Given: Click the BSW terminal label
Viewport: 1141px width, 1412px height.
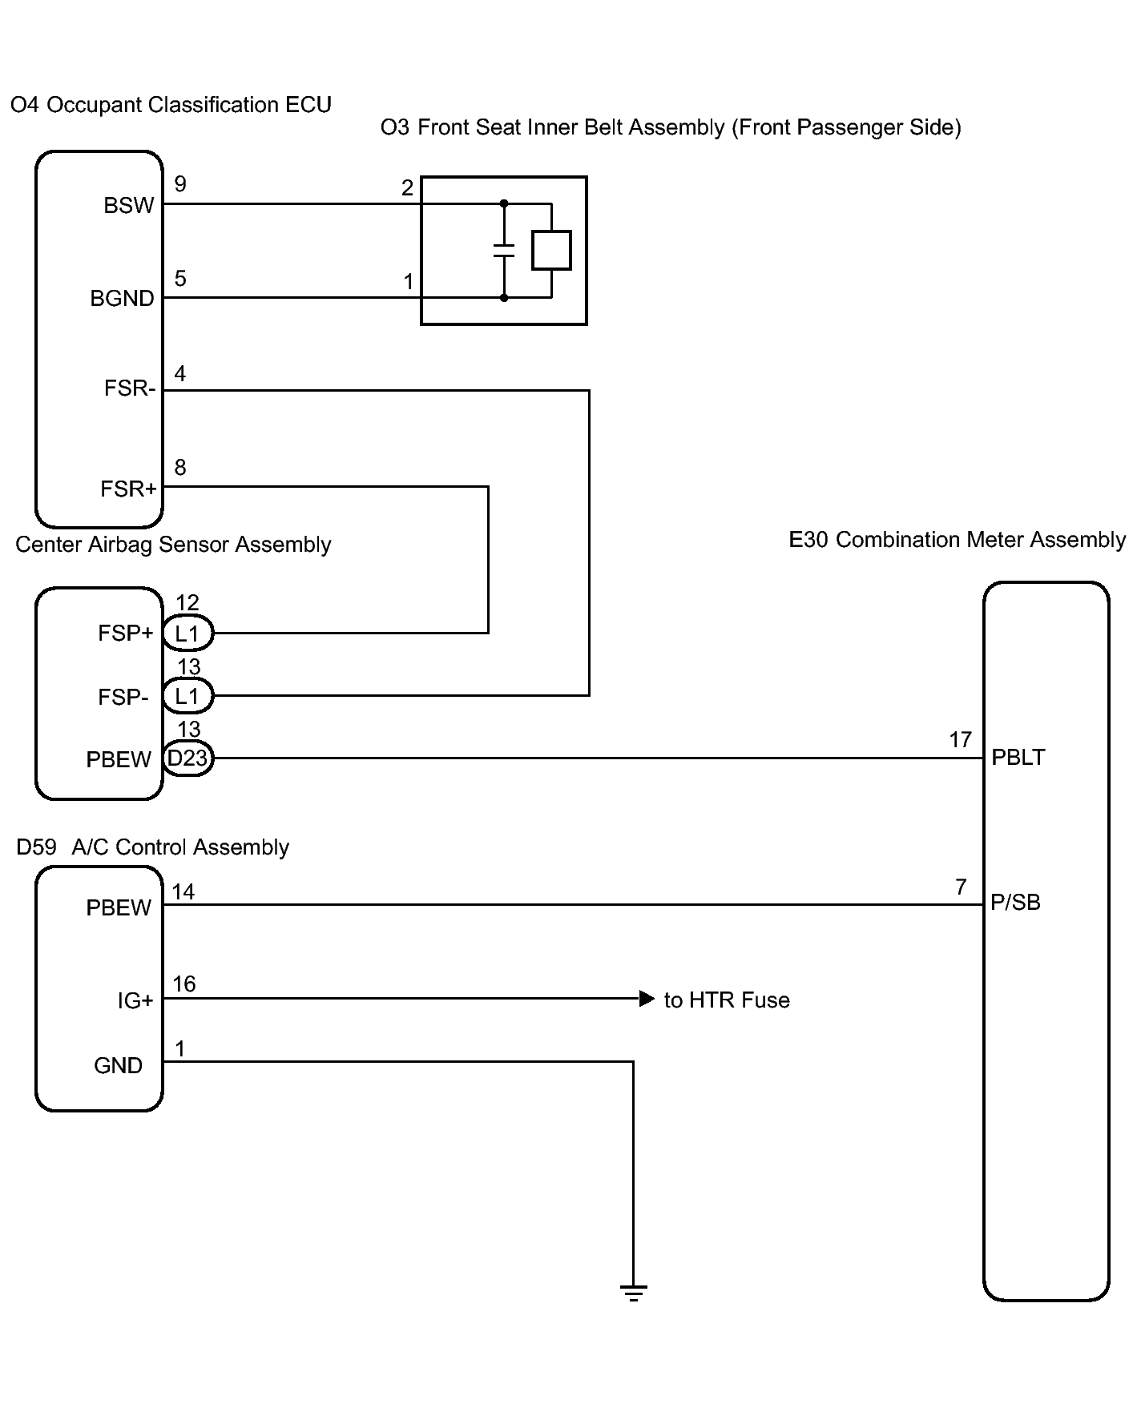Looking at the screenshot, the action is (128, 206).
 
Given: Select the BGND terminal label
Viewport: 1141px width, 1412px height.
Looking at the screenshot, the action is (122, 299).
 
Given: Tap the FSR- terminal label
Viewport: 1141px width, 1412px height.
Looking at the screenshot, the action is (130, 388).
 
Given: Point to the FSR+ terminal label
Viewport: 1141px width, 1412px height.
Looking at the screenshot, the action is (128, 489).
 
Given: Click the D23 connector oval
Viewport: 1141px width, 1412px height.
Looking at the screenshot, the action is (187, 758).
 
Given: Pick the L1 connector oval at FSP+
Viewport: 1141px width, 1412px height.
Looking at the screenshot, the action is (187, 634).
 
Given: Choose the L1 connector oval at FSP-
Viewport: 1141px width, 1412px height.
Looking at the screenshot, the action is (187, 696).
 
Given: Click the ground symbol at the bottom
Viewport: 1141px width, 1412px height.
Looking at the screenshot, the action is (633, 1292).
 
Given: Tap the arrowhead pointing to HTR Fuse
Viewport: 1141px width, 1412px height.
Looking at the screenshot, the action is (647, 999).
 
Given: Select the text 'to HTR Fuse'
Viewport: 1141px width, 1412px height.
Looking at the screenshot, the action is (727, 1000).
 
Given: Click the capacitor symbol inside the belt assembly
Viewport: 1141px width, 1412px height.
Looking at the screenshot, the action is (504, 251).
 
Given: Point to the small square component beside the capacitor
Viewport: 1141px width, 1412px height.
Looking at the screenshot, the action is (551, 250).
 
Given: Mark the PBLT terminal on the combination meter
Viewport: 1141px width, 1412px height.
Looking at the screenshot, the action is (1018, 758).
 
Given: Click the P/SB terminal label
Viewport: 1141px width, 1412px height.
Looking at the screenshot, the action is (1016, 903).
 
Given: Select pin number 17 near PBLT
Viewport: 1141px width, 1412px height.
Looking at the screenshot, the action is (961, 740).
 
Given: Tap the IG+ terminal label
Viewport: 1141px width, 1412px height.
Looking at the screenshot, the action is (135, 1000).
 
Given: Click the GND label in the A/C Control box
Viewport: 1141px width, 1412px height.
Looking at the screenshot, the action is (118, 1066).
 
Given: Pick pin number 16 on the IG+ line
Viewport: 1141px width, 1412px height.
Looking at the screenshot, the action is (184, 984).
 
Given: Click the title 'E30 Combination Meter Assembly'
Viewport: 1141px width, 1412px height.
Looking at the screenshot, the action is (958, 540).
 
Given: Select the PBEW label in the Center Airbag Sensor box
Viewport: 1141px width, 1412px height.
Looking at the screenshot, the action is (119, 759).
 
